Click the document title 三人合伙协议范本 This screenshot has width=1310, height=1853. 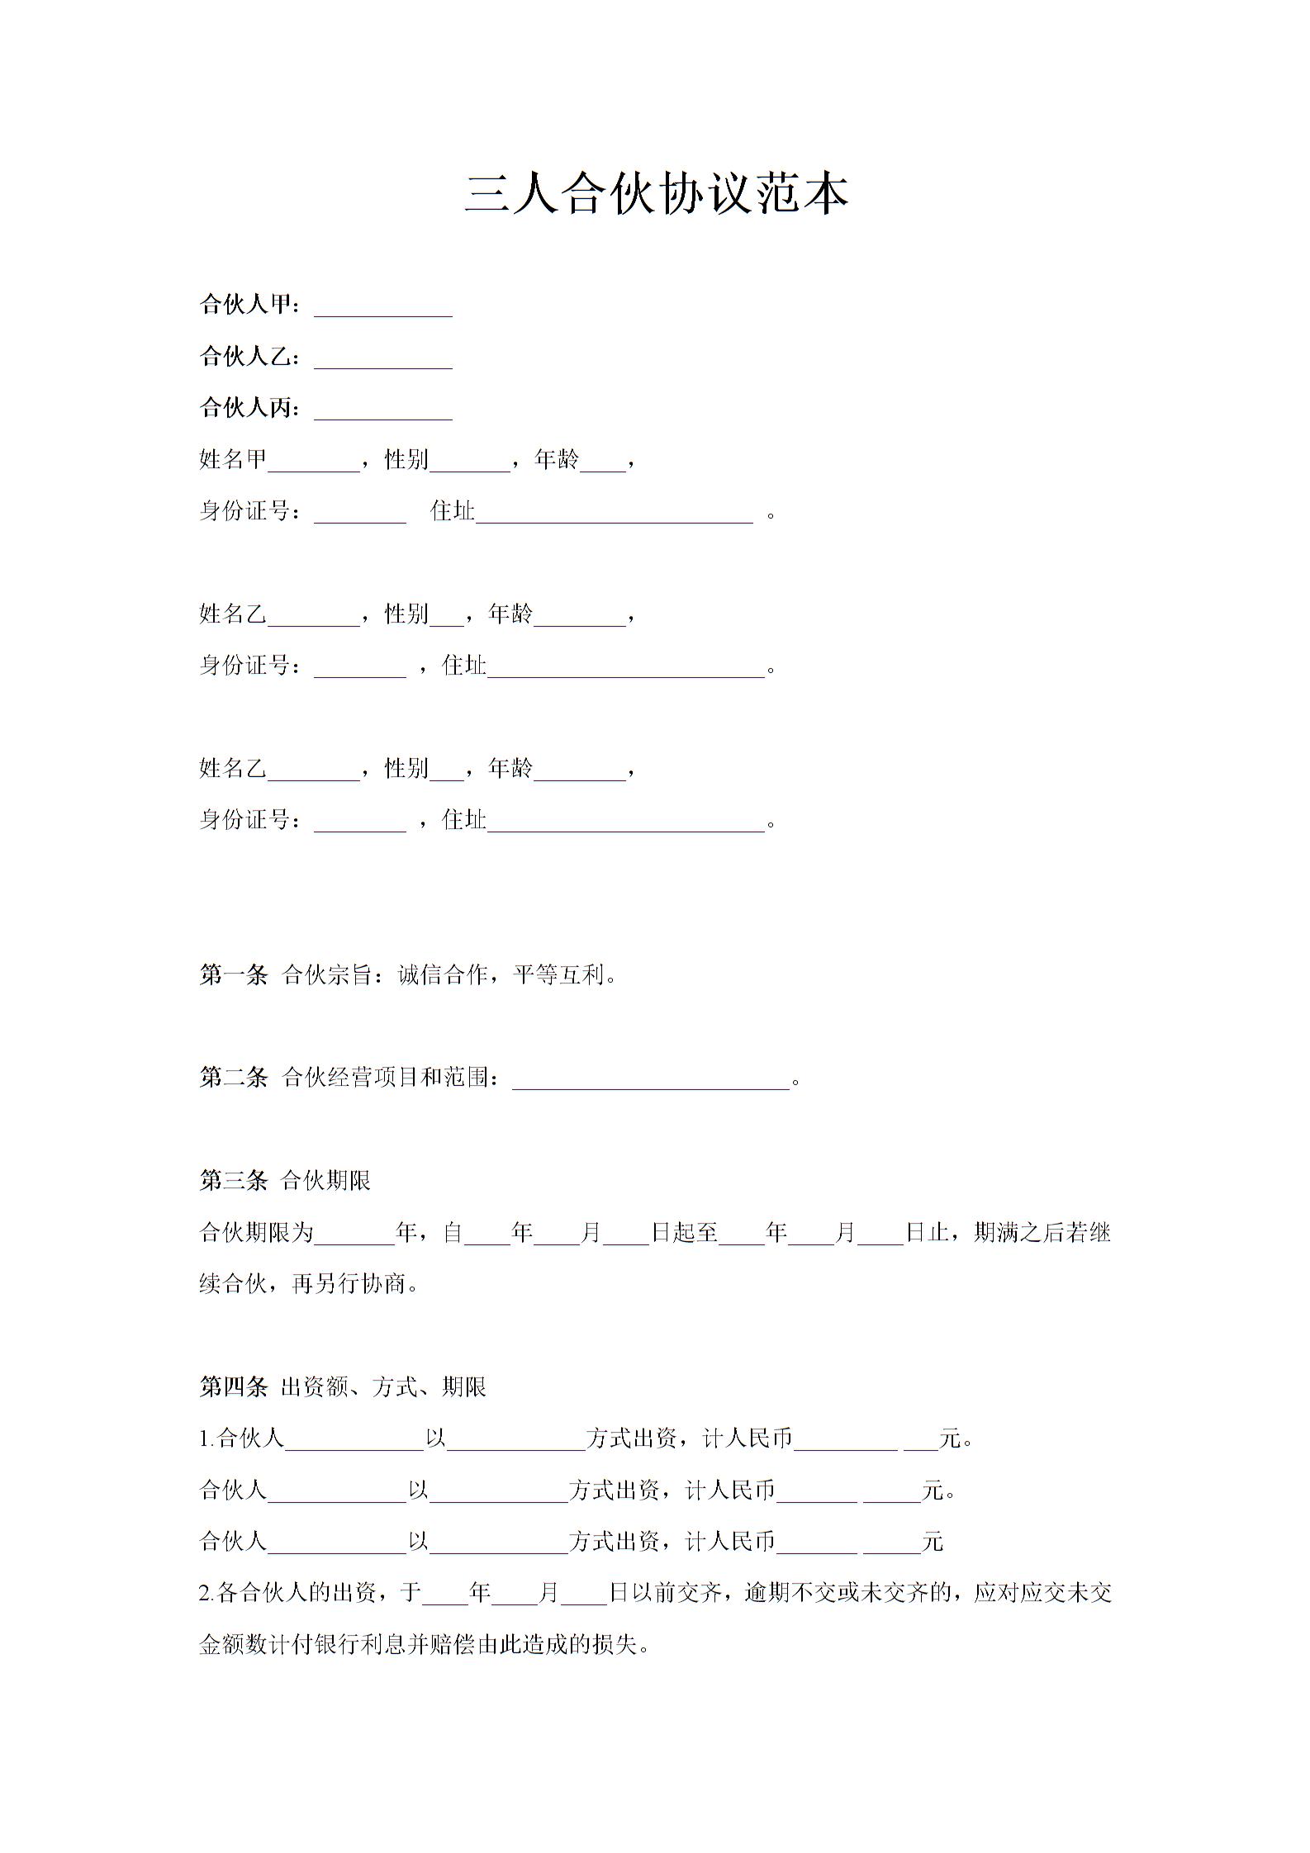(x=657, y=195)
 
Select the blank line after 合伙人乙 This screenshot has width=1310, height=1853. (x=383, y=361)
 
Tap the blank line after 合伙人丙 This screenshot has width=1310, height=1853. (x=383, y=412)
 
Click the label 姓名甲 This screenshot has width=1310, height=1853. (x=233, y=459)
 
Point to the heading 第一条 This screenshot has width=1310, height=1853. (x=233, y=975)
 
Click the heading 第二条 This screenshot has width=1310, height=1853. (x=233, y=1078)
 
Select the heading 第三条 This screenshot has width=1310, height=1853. (x=233, y=1181)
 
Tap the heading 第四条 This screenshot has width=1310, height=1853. (x=233, y=1387)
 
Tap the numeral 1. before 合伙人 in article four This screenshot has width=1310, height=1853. (x=207, y=1439)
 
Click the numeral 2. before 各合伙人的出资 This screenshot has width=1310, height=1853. (x=207, y=1593)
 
